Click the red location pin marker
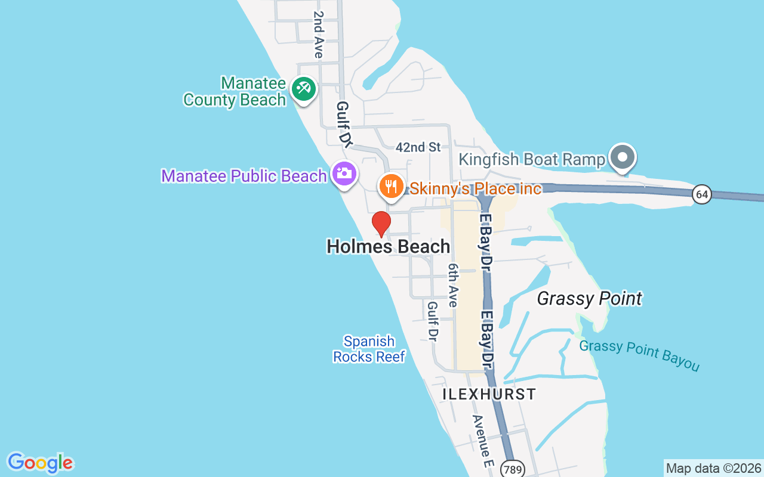point(381,224)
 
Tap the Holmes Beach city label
point(388,246)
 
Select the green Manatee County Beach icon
point(303,89)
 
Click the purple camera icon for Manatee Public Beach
point(345,174)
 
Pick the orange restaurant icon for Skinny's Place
point(391,186)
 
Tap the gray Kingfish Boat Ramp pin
point(623,158)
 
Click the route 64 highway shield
point(703,194)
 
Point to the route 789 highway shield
point(512,469)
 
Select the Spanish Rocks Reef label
point(369,349)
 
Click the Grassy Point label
point(589,298)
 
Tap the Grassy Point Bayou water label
point(639,355)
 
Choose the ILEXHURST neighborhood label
point(489,394)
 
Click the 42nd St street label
point(418,147)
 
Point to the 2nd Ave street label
point(318,35)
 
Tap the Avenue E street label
point(483,441)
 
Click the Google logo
point(40,463)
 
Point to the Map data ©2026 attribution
point(713,468)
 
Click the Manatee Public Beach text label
point(244,176)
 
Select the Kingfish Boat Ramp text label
point(532,160)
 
